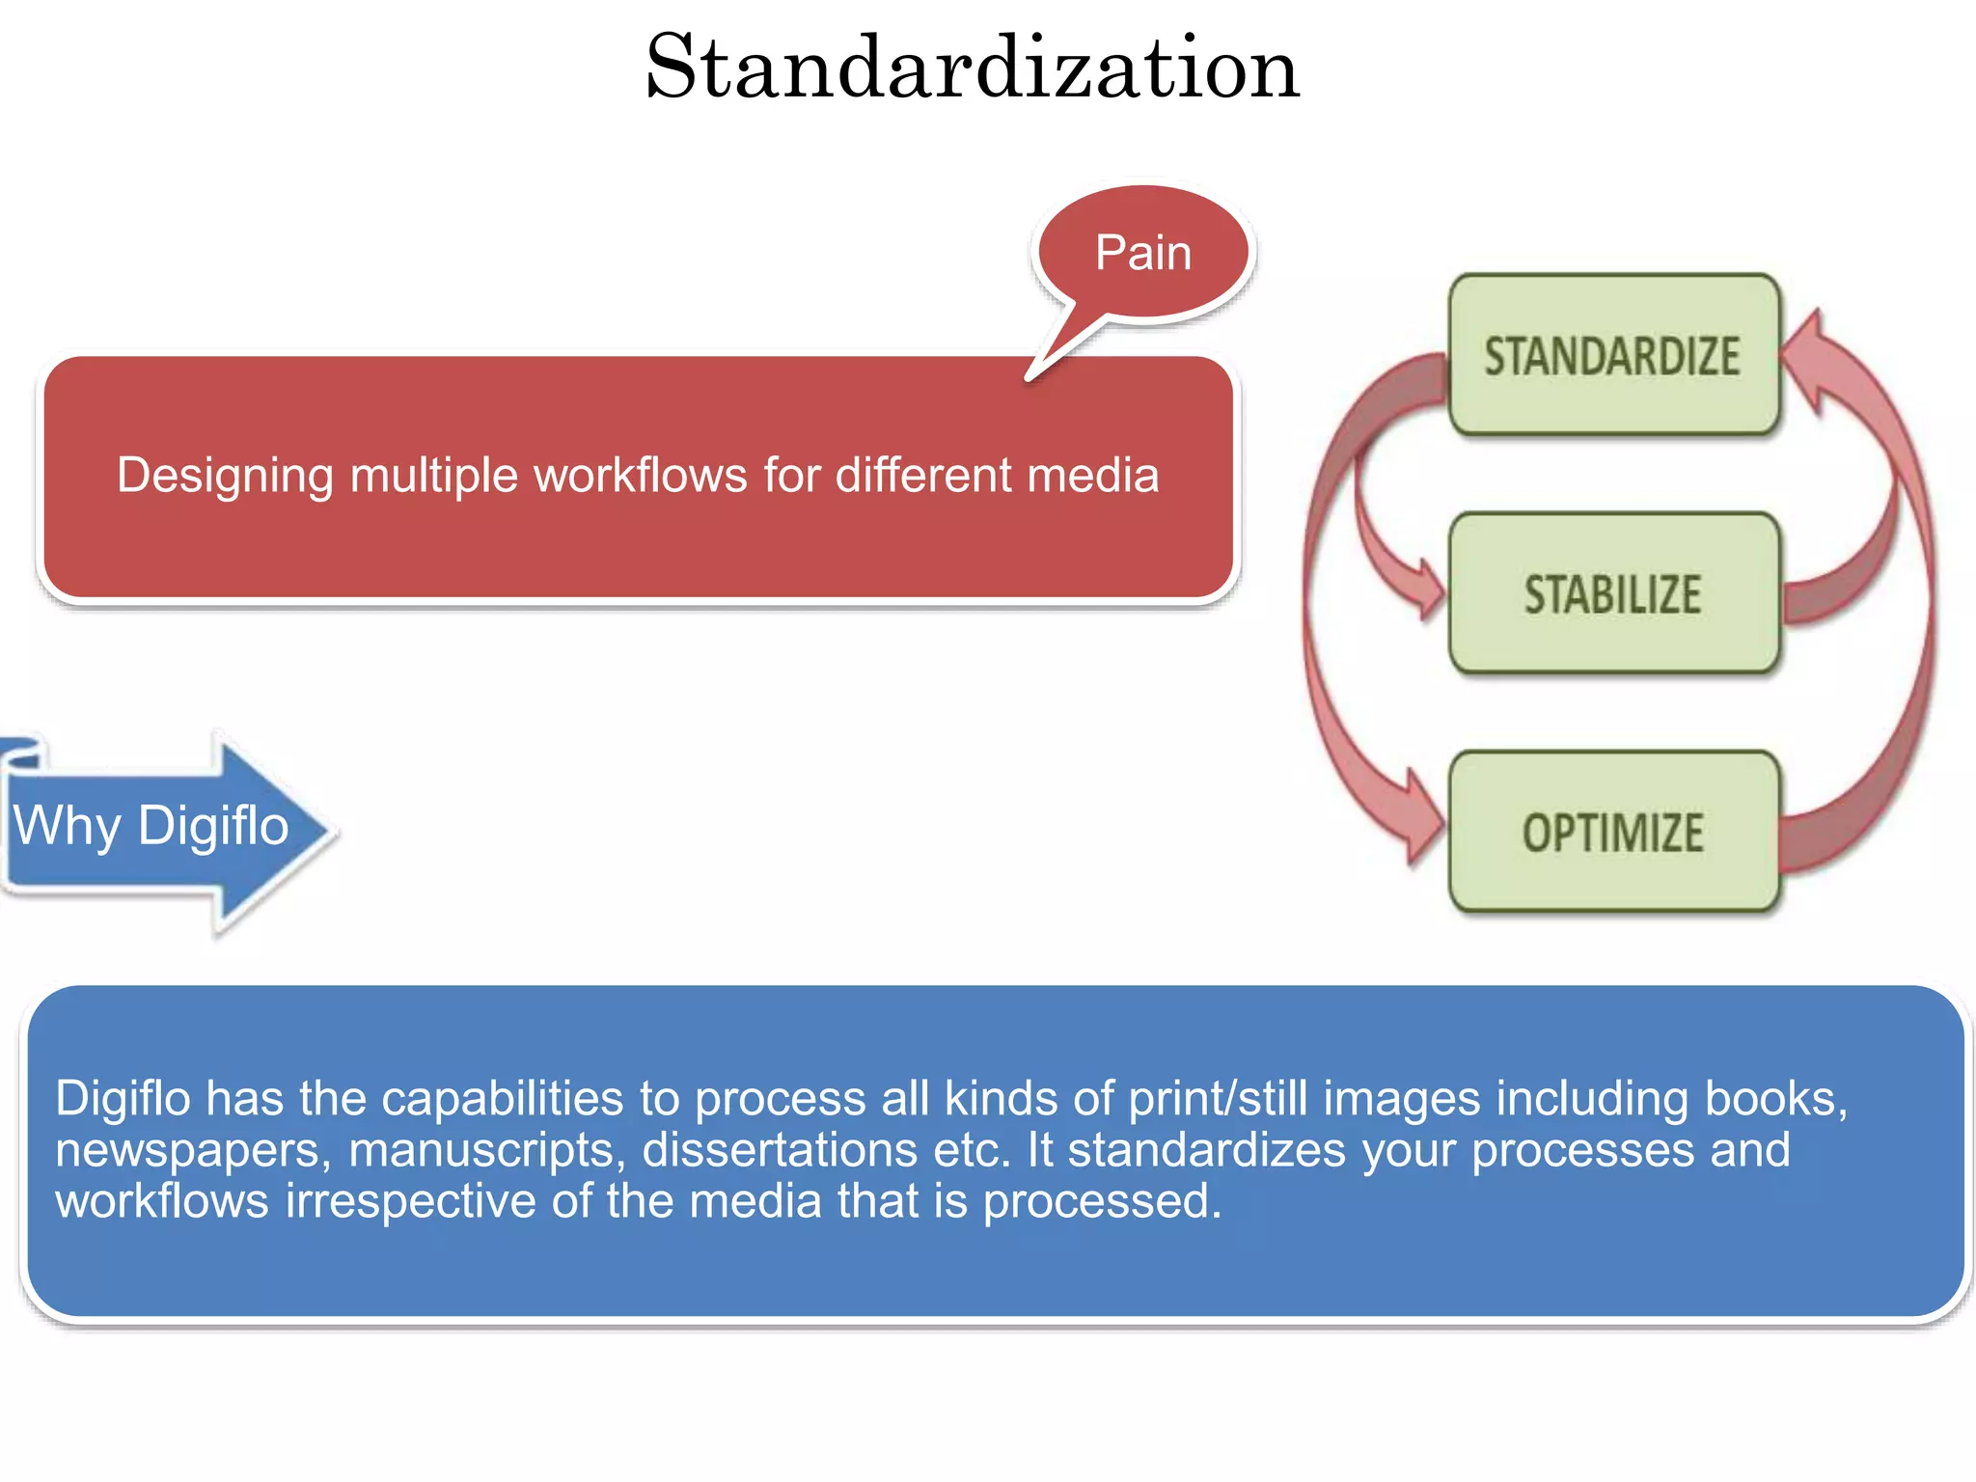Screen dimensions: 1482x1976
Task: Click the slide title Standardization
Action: [x=973, y=68]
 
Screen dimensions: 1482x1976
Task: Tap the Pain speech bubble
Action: [x=1143, y=253]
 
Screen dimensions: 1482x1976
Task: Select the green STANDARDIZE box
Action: [x=1613, y=355]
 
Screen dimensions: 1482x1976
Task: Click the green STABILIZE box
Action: [x=1613, y=593]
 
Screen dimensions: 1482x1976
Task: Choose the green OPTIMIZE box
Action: [x=1613, y=832]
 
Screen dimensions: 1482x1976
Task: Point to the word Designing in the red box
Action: [x=225, y=476]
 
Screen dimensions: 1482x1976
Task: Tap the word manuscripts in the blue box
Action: [x=487, y=1150]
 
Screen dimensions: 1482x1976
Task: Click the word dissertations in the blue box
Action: [x=780, y=1150]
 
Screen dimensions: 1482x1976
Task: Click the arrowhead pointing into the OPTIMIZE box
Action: [x=1422, y=818]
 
